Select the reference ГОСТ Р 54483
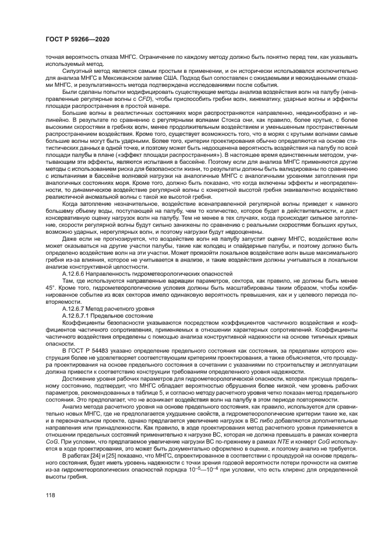(x=97, y=349)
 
